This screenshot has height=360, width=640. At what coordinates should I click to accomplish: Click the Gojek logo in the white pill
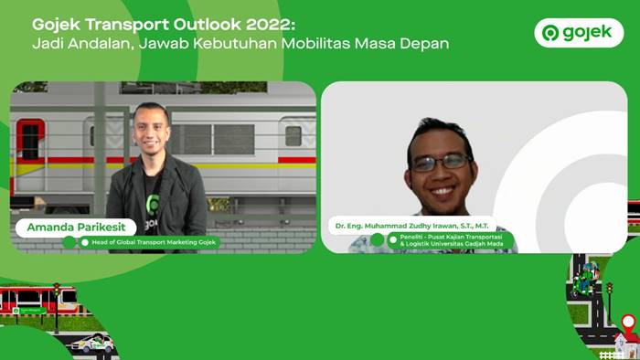click(578, 33)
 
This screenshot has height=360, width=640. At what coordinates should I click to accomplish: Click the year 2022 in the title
click(266, 24)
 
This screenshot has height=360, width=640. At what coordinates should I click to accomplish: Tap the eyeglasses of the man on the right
click(440, 162)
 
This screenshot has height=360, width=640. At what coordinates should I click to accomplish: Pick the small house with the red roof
click(626, 344)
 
